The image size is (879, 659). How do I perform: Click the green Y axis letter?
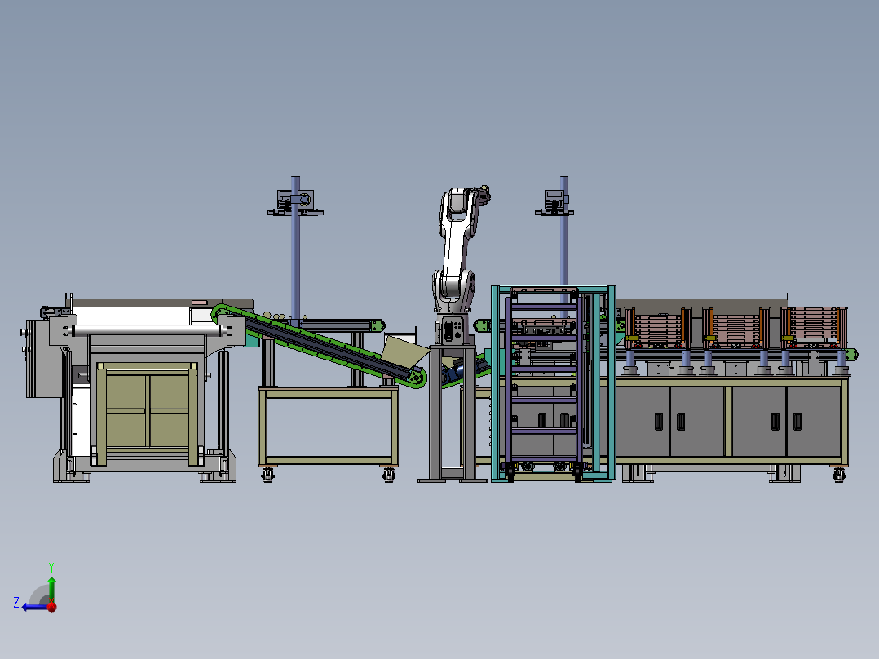[51, 567]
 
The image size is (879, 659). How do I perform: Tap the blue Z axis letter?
[16, 603]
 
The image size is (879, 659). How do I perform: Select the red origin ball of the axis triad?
[52, 606]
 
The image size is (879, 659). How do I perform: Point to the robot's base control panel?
[451, 329]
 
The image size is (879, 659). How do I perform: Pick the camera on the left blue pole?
[295, 202]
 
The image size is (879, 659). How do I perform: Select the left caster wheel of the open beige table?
[268, 475]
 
